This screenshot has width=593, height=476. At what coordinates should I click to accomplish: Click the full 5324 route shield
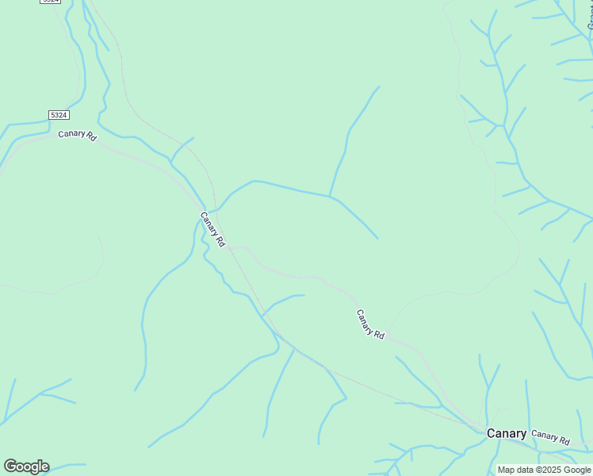[x=59, y=115]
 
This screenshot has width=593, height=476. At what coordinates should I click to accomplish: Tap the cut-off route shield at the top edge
[x=50, y=2]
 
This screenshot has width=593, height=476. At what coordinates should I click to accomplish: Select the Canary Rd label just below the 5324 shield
[x=77, y=135]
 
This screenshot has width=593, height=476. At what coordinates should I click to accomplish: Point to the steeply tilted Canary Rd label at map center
[x=213, y=229]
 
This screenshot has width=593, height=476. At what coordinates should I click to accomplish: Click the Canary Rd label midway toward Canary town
[x=370, y=324]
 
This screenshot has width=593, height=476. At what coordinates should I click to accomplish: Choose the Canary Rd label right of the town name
[x=550, y=436]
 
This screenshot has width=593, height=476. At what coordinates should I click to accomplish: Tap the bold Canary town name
[x=506, y=433]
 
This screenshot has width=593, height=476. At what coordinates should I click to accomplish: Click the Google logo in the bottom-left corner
[x=26, y=466]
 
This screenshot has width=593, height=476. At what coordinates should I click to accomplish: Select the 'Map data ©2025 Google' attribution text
[x=545, y=470]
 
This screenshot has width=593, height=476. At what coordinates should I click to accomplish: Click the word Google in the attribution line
[x=578, y=470]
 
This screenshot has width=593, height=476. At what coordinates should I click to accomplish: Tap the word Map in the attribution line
[x=506, y=470]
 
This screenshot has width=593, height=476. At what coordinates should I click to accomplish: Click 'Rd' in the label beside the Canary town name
[x=564, y=440]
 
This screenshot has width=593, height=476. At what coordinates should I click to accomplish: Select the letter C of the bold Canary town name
[x=491, y=433]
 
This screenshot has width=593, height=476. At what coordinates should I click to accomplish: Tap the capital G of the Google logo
[x=10, y=466]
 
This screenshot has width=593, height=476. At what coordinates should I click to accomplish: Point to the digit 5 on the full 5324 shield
[x=53, y=115]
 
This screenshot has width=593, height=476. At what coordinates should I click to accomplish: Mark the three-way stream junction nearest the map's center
[x=330, y=195]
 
